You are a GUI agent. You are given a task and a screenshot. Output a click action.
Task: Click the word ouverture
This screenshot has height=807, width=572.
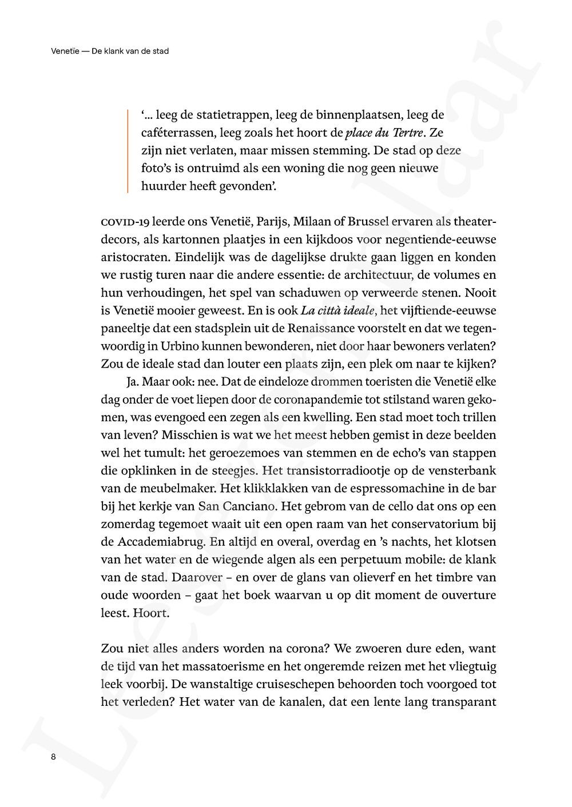click(463, 595)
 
